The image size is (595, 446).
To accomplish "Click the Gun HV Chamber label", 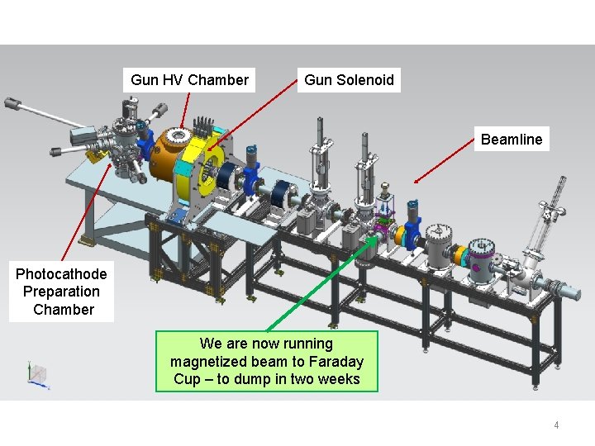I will [x=189, y=80].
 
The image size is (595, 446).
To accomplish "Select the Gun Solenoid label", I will [x=349, y=80].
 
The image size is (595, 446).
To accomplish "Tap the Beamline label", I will [x=512, y=140].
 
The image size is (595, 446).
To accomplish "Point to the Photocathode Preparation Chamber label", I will [x=62, y=292].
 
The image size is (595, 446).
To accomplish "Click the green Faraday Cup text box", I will [x=266, y=361].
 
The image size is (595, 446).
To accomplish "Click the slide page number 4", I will [x=556, y=425].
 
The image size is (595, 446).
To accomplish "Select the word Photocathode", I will [x=61, y=274].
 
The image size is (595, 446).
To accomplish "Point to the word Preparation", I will [x=61, y=292].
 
